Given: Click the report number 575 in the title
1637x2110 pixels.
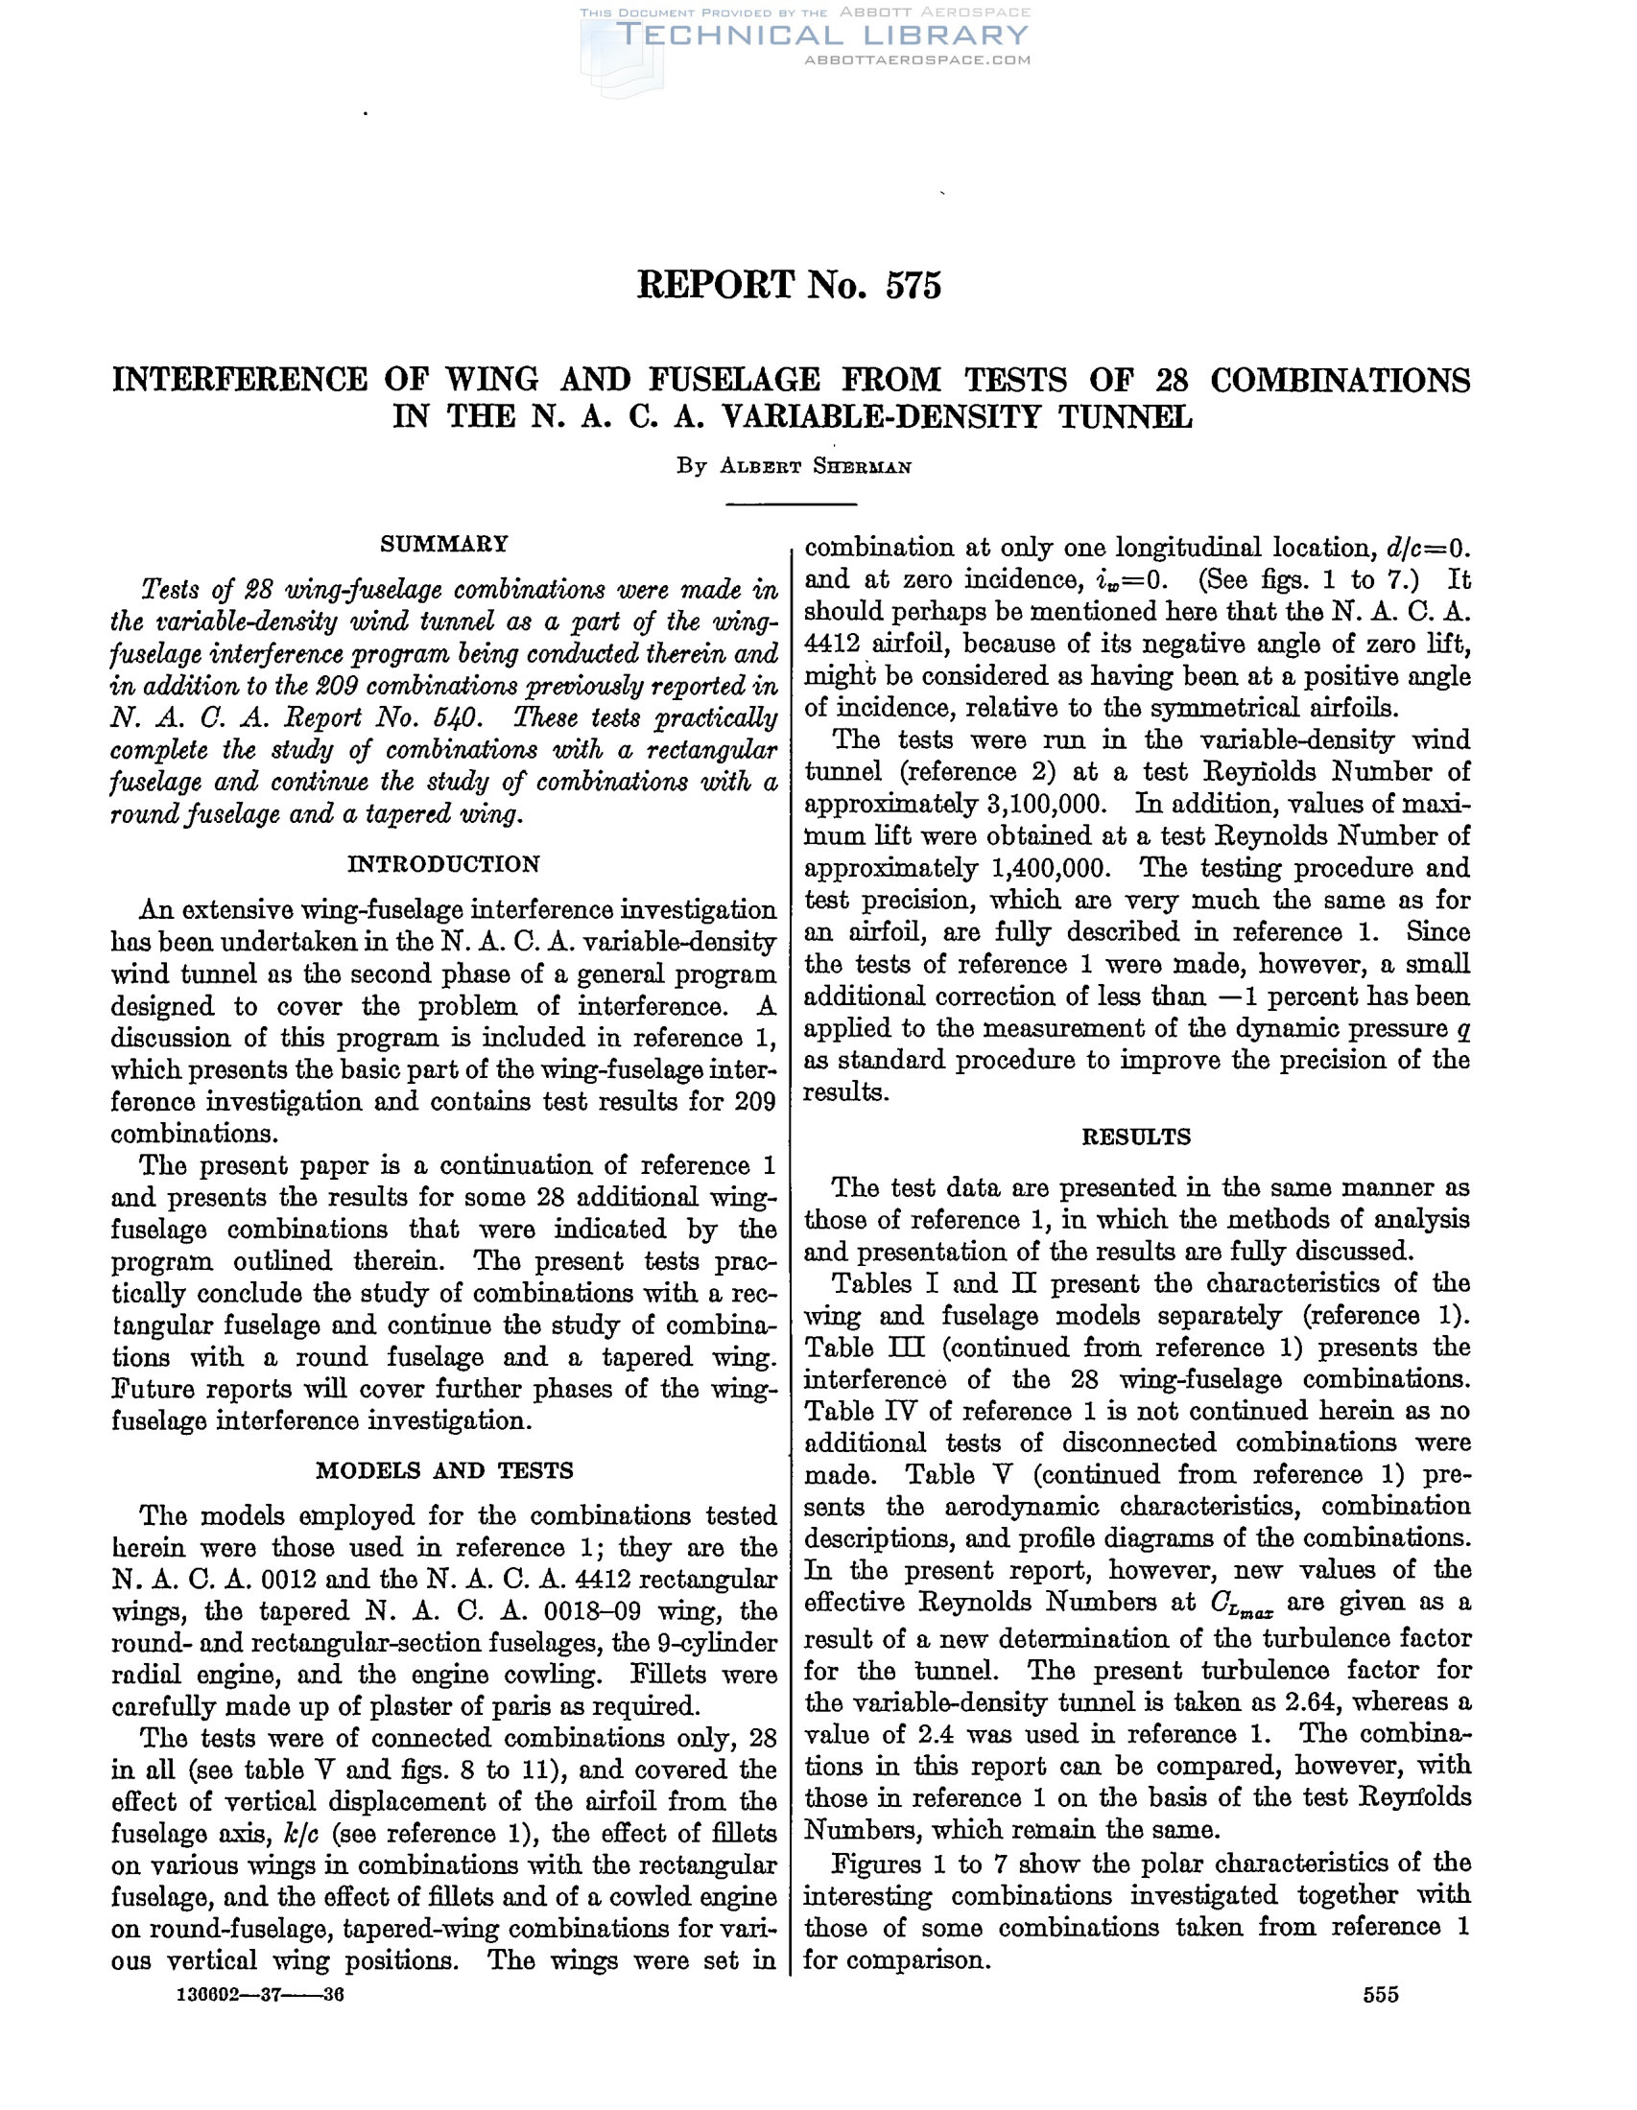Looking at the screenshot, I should (x=913, y=286).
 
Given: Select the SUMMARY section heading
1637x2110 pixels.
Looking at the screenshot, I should (x=443, y=544).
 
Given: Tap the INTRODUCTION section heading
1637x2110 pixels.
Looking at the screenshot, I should (x=443, y=864).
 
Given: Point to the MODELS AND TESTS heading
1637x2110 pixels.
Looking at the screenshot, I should (x=443, y=1470).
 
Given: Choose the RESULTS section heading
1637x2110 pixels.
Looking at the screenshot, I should (x=1136, y=1137).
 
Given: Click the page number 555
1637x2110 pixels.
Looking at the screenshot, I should (x=1381, y=1995).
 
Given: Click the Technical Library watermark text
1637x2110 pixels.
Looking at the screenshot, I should (x=821, y=35).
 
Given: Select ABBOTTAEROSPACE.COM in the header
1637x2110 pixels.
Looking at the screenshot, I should (x=917, y=59).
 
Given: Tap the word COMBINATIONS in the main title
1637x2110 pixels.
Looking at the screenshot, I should (x=1340, y=380).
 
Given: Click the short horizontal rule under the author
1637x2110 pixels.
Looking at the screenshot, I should (x=792, y=504).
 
